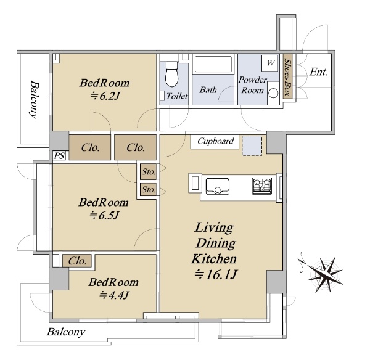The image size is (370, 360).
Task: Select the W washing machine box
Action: [269, 62]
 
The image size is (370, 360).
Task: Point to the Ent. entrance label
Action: [318, 72]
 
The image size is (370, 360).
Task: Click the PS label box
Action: [59, 155]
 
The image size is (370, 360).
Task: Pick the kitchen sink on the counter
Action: [217, 185]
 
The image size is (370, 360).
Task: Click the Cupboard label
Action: [215, 141]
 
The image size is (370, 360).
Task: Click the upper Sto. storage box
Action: [148, 173]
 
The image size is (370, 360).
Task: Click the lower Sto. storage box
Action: [148, 190]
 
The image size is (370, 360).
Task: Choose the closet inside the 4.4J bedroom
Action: [76, 261]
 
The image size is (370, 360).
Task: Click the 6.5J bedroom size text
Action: [104, 215]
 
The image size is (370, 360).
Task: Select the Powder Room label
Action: [252, 85]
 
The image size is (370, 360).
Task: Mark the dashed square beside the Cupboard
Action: [252, 145]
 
